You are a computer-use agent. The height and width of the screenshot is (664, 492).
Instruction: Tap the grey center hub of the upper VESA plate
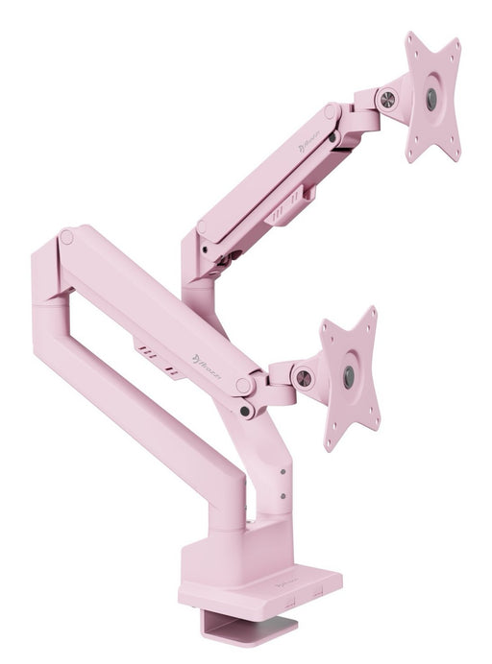(430, 97)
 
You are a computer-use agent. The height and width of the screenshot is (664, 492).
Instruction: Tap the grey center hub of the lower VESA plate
(348, 375)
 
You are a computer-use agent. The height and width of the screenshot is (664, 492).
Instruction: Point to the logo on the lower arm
(209, 364)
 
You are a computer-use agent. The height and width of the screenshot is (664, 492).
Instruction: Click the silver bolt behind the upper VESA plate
(389, 98)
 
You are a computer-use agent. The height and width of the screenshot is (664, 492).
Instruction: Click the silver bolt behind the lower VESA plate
(304, 378)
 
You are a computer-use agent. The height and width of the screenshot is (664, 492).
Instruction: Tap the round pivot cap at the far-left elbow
(66, 236)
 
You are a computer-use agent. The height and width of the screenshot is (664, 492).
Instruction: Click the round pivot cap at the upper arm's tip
(331, 111)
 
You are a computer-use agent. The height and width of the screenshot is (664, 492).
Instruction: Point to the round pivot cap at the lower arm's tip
(246, 385)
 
